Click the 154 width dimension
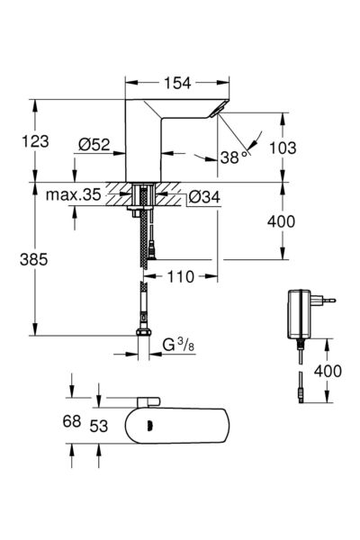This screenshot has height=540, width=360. [175, 84]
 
